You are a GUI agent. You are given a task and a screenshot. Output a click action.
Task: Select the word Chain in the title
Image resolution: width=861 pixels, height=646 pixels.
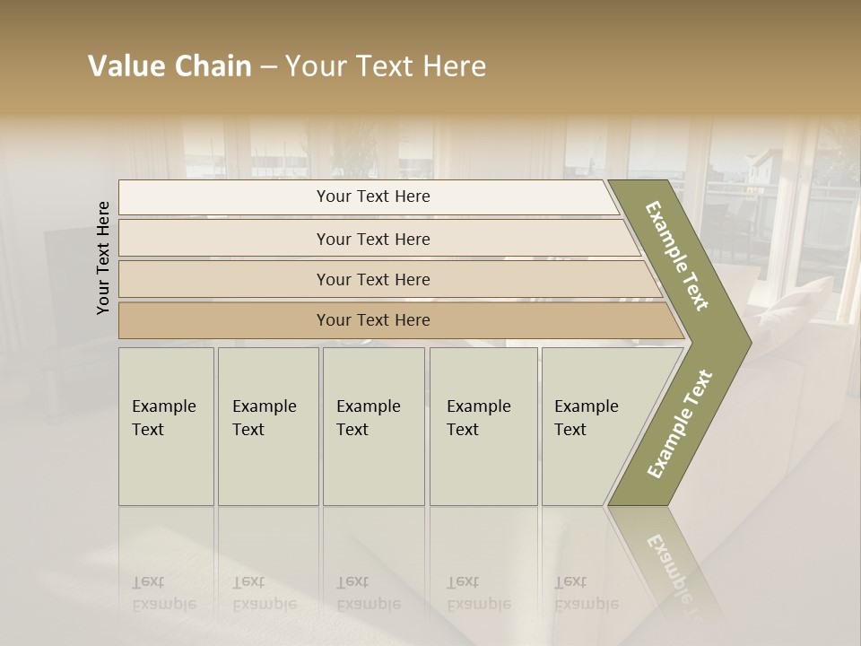(x=212, y=66)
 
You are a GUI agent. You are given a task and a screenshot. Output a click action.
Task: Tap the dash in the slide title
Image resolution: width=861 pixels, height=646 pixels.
(x=268, y=67)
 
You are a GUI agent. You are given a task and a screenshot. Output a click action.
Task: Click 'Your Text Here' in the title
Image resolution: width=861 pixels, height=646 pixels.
(x=386, y=66)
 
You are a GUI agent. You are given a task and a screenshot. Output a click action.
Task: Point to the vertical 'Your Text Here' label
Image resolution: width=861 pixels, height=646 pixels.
(x=103, y=258)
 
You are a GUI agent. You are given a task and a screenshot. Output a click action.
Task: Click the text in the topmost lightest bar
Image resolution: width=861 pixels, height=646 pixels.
(x=373, y=196)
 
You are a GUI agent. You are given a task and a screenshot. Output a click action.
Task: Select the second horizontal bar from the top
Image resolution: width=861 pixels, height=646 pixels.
(x=373, y=239)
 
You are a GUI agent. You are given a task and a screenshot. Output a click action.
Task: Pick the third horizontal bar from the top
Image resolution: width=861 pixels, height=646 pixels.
(x=373, y=279)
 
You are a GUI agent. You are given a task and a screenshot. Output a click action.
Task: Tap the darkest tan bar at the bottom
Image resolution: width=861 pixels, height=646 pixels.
(x=373, y=320)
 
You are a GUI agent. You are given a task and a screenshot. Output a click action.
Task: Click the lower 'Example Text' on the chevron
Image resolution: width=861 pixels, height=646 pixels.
(x=679, y=423)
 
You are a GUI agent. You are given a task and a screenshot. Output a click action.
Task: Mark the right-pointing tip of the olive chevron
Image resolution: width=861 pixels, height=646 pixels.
(x=748, y=342)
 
